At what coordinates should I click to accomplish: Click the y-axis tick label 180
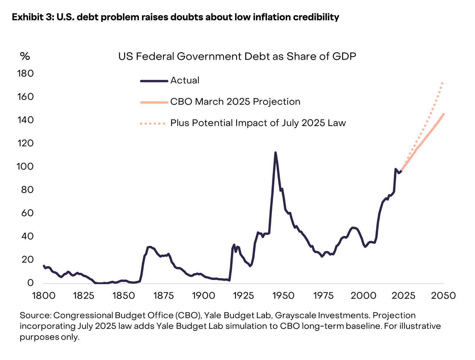tap(26, 73)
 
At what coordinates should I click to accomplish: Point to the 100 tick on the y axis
tap(25, 166)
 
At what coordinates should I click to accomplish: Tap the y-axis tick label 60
tap(27, 213)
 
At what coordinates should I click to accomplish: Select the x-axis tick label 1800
tap(44, 295)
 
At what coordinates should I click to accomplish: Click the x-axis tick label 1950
tap(283, 295)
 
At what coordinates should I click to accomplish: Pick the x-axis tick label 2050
tap(443, 295)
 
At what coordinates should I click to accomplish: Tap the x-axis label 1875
tap(163, 295)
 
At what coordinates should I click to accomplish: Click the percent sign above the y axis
tap(25, 56)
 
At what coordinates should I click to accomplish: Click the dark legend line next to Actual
tap(154, 81)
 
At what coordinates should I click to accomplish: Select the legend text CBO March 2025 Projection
tap(235, 102)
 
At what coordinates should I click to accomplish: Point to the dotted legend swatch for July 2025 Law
tap(153, 123)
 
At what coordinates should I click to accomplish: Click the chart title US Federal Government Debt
tap(237, 57)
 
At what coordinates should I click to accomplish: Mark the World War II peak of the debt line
tap(275, 153)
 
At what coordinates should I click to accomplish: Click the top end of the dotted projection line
tap(442, 83)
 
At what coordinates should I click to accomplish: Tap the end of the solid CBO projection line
tap(444, 114)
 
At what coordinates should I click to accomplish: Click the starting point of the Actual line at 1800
tap(44, 266)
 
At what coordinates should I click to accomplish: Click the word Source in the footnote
tap(35, 315)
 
